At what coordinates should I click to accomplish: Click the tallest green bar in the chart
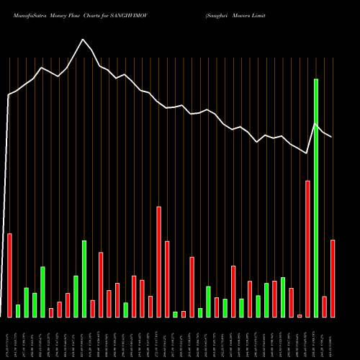pos(316,198)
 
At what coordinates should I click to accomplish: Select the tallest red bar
pos(308,248)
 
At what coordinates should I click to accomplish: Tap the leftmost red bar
pos(10,275)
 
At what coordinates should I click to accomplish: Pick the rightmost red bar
pos(333,278)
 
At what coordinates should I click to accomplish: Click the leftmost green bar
pos(18,310)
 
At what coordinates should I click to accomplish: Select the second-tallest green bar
pos(84,279)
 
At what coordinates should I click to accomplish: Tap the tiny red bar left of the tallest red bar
pos(300,315)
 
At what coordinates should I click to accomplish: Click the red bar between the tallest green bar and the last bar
pos(325,306)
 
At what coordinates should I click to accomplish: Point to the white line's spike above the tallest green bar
pos(316,124)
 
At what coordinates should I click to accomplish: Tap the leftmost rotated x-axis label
pos(9,338)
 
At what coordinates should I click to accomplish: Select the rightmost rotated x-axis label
pos(333,338)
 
